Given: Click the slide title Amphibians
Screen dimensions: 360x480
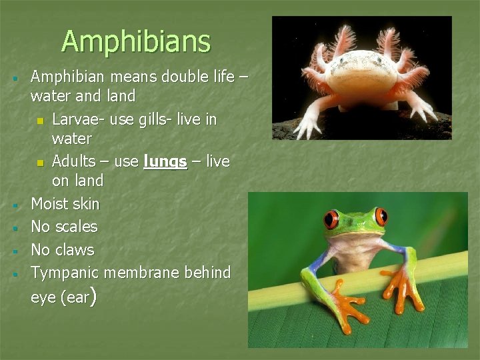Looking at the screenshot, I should coord(136,41).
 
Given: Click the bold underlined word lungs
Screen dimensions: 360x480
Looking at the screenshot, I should coord(165,161).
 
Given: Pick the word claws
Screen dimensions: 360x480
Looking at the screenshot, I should coord(74,250).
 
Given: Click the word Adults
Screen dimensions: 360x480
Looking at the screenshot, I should coord(73,161).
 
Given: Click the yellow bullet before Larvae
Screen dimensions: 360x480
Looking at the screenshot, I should coord(40,121).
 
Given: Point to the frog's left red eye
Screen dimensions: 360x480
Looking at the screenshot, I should coord(331,219).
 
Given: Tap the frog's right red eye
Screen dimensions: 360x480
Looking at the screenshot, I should coord(381,216).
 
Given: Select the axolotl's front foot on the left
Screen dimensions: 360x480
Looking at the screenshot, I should coord(307,127).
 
